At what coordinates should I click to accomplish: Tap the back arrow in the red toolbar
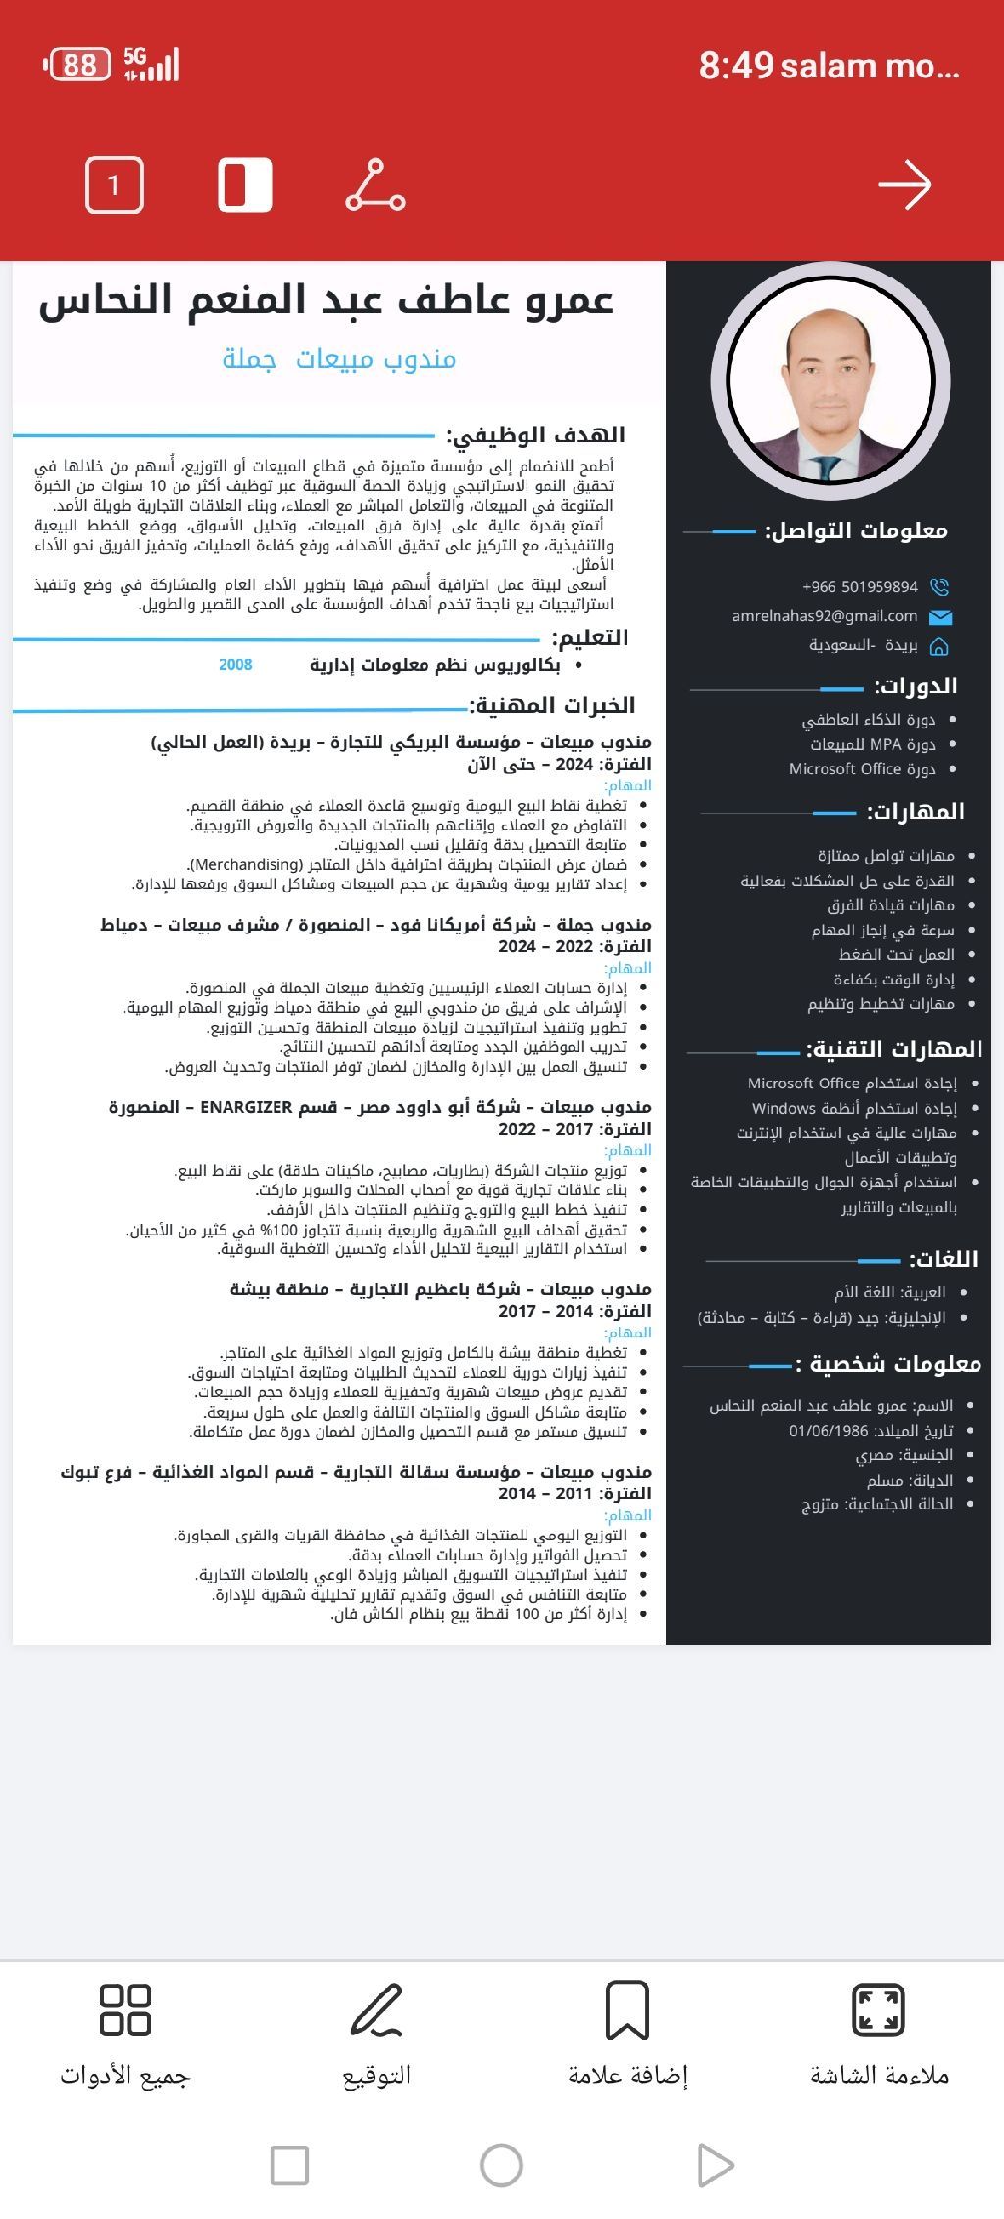[904, 185]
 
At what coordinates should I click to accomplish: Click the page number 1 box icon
[115, 185]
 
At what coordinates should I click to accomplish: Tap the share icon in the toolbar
[376, 185]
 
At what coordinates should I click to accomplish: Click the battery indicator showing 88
[78, 66]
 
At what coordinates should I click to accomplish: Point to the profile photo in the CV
[829, 380]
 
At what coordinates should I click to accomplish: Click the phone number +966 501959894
[860, 587]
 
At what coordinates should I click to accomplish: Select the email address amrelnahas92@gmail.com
[825, 616]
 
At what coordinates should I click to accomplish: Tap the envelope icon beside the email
[940, 617]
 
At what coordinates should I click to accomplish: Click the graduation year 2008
[235, 665]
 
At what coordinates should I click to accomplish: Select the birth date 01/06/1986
[828, 1431]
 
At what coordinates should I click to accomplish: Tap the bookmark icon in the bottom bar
[627, 2009]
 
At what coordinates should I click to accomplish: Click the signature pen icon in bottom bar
[376, 2009]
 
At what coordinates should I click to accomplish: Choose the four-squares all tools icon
[125, 2009]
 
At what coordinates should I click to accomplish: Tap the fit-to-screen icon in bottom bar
[878, 2009]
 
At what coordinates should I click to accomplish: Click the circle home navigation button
[501, 2164]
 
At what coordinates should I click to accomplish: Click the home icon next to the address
[939, 646]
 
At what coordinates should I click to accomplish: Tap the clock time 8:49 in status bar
[735, 66]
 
